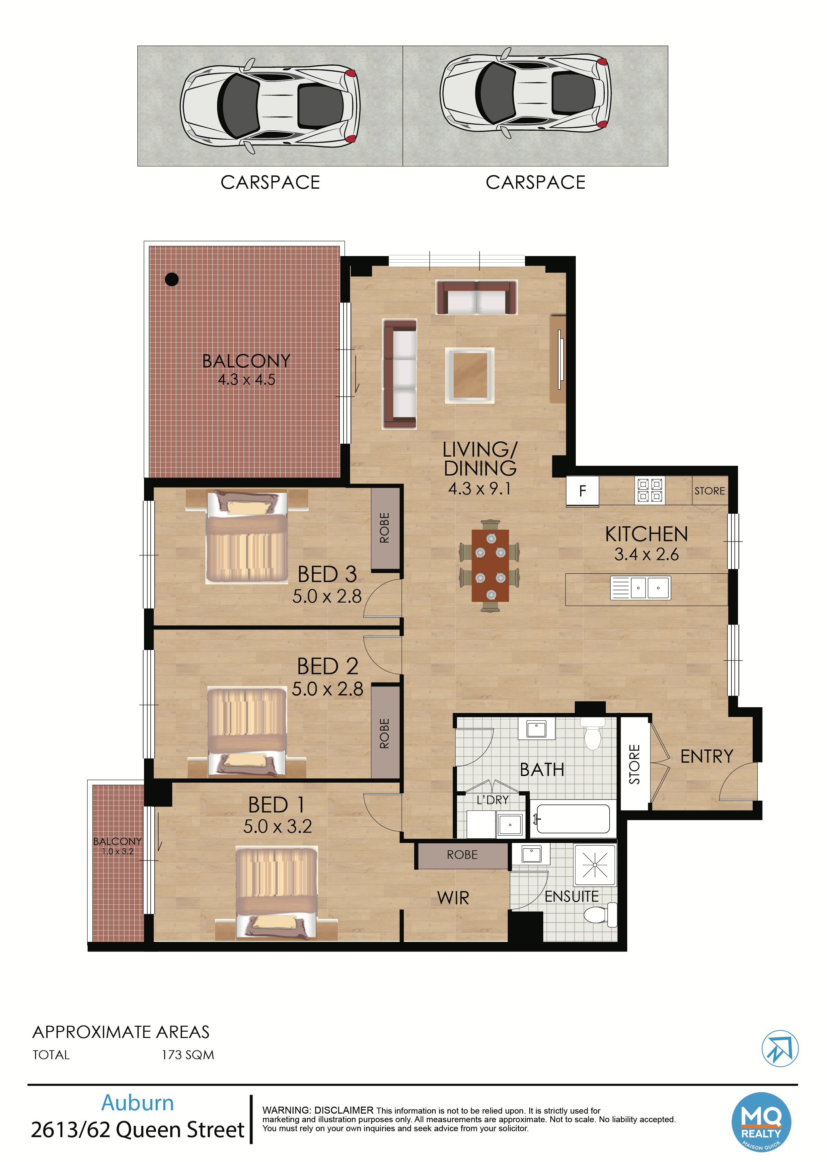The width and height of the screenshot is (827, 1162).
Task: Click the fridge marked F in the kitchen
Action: tap(582, 490)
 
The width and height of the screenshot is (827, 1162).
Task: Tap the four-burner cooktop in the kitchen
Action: tap(650, 490)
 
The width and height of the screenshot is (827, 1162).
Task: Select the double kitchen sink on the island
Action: tap(640, 588)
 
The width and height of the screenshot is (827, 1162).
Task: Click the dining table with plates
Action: tap(490, 565)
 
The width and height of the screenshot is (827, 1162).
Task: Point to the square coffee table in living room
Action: tap(470, 375)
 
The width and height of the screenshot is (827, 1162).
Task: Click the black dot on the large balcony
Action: tap(172, 279)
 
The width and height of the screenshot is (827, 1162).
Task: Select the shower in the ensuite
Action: tap(595, 865)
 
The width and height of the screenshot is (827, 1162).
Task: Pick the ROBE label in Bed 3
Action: tap(385, 528)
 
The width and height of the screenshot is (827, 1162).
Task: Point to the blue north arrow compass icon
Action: tap(780, 1049)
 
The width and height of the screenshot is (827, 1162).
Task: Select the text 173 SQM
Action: tap(188, 1055)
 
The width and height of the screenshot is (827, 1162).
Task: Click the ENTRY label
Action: tap(707, 756)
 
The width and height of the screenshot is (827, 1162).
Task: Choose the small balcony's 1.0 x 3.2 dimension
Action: tap(117, 851)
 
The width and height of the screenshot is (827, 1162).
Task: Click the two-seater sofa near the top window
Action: tap(476, 297)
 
